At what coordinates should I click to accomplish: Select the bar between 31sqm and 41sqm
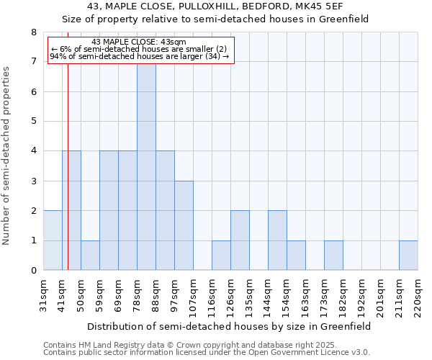coord(53,240)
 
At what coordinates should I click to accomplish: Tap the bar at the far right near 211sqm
coord(408,256)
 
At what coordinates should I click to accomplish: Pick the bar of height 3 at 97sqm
coord(184,225)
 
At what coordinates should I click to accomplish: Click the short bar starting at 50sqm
coord(90,256)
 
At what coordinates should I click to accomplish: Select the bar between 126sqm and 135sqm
coord(240,240)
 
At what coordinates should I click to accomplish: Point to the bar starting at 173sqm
coord(333,256)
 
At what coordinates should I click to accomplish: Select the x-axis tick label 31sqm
coord(44,293)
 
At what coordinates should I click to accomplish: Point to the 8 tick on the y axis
coord(33,32)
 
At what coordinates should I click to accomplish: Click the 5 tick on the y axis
coord(33,122)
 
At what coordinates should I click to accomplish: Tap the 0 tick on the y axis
coord(33,271)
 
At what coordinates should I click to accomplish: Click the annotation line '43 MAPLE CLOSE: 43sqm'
coord(139,42)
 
